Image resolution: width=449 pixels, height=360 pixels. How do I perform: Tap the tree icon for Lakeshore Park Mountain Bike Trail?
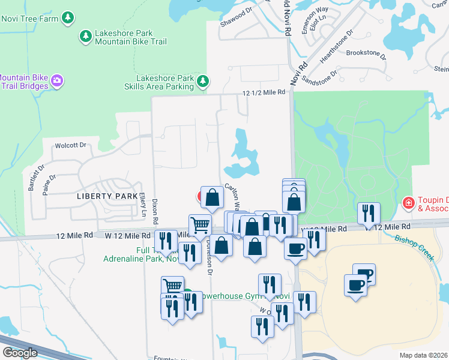pyautogui.click(x=85, y=37)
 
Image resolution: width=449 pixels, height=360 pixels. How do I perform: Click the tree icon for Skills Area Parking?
pyautogui.click(x=203, y=80)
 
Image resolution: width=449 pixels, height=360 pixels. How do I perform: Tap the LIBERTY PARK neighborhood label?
pyautogui.click(x=103, y=196)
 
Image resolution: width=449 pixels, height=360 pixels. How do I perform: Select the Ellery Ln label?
pyautogui.click(x=143, y=204)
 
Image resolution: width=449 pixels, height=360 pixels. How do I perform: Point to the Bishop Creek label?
pyautogui.click(x=414, y=246)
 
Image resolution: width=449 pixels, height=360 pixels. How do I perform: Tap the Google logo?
pyautogui.click(x=20, y=353)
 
